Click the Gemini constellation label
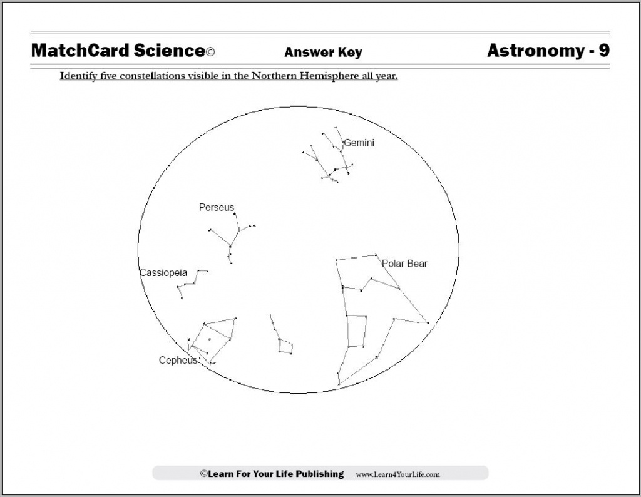point(359,143)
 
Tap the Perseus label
point(217,207)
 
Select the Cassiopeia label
point(163,273)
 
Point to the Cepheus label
point(178,360)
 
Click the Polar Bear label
point(404,264)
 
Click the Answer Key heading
point(323,53)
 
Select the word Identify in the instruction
point(78,76)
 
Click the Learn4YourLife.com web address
point(397,474)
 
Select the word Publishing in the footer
point(316,474)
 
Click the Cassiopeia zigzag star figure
point(191,284)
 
